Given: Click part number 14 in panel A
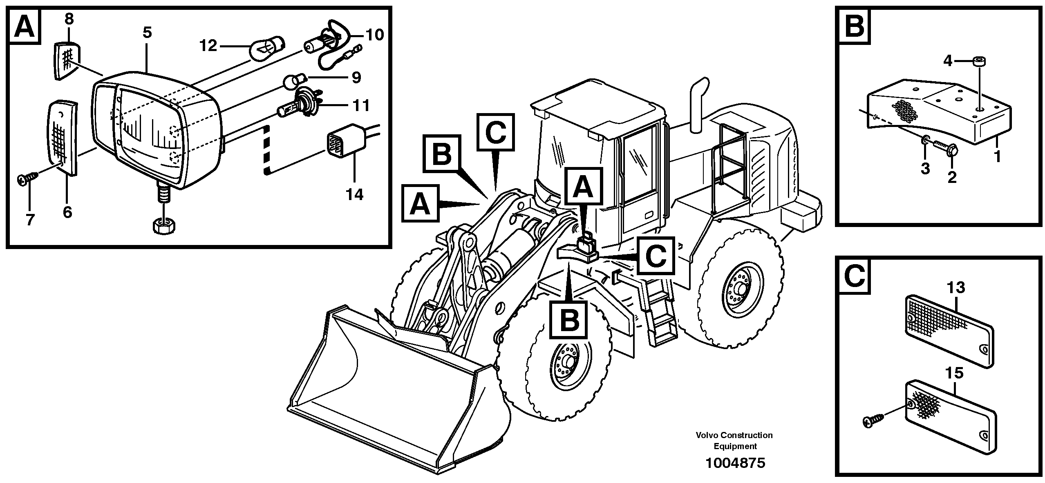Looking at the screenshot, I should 354,194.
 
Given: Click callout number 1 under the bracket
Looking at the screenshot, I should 997,156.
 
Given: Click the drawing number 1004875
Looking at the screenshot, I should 735,463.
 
